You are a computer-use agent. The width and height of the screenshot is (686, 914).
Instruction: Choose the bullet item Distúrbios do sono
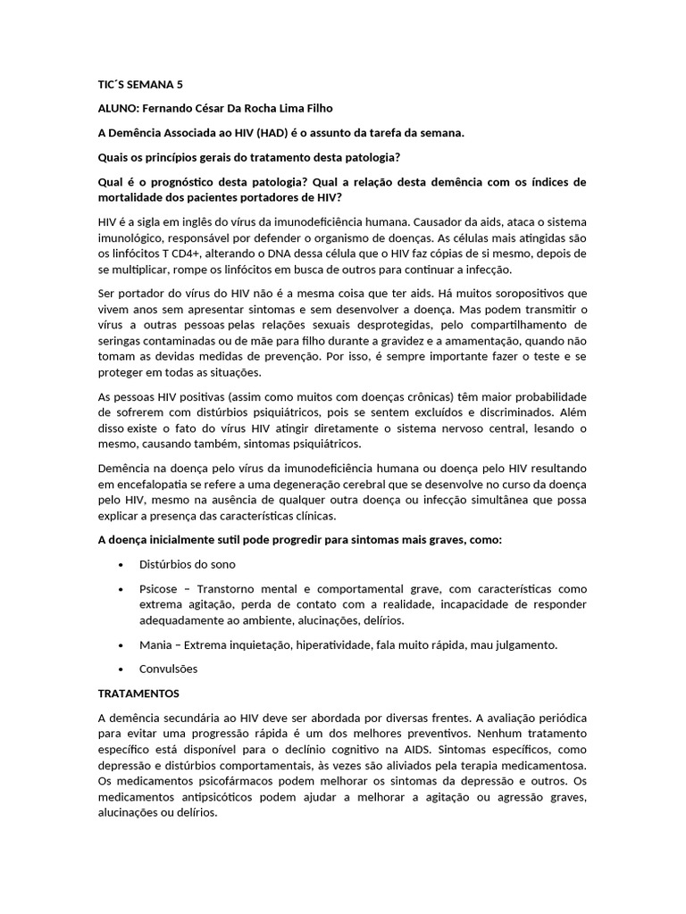point(188,565)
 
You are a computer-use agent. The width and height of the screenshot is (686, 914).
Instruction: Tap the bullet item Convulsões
point(169,669)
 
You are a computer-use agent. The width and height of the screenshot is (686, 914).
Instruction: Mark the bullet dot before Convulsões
point(121,669)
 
